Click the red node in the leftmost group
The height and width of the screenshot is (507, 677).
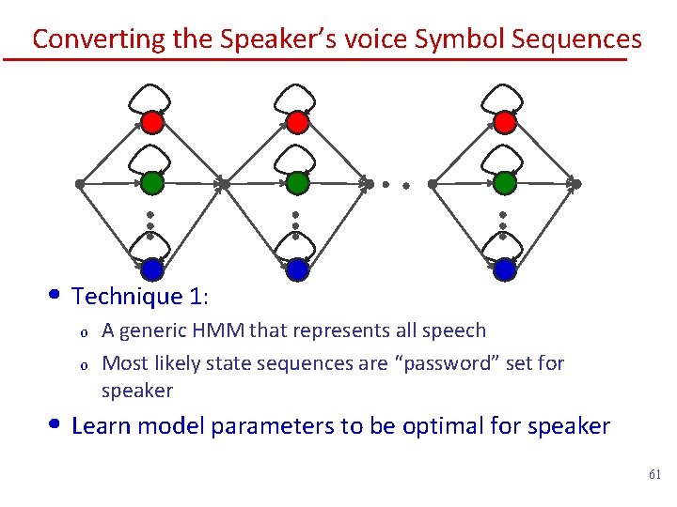point(152,122)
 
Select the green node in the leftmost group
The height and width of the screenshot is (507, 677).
point(152,181)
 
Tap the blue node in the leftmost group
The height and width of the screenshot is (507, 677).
point(152,269)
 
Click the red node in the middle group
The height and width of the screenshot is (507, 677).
point(297,122)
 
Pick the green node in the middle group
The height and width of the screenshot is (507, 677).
point(297,181)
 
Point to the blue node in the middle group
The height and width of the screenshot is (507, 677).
point(297,269)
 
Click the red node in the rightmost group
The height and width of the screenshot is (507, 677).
point(505,122)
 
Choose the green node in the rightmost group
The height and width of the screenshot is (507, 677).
point(505,181)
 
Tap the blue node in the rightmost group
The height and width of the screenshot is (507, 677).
point(505,269)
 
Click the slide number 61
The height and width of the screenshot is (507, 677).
point(654,475)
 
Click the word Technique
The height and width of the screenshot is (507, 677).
point(126,297)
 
